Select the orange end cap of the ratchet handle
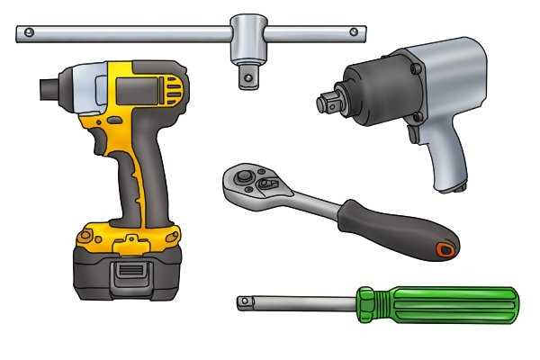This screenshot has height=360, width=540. tap(445, 248)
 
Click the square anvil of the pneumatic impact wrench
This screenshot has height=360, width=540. tap(325, 103)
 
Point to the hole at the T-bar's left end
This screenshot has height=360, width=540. tap(29, 34)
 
